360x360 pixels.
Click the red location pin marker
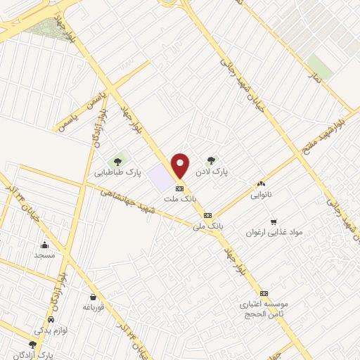tap(181, 166)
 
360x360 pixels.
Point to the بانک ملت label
tap(179, 199)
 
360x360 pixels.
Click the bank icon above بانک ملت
tap(179, 188)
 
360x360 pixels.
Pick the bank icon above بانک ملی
tap(207, 215)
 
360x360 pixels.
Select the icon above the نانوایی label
tap(262, 184)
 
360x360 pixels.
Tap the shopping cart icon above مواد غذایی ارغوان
tap(274, 221)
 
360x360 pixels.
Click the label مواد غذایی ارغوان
tap(274, 231)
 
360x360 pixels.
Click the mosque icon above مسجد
tap(44, 245)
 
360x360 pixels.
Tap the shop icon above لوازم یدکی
tap(33, 326)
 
